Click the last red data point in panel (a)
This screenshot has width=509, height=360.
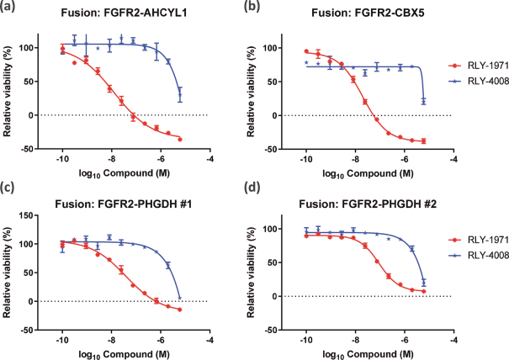[180, 139]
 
